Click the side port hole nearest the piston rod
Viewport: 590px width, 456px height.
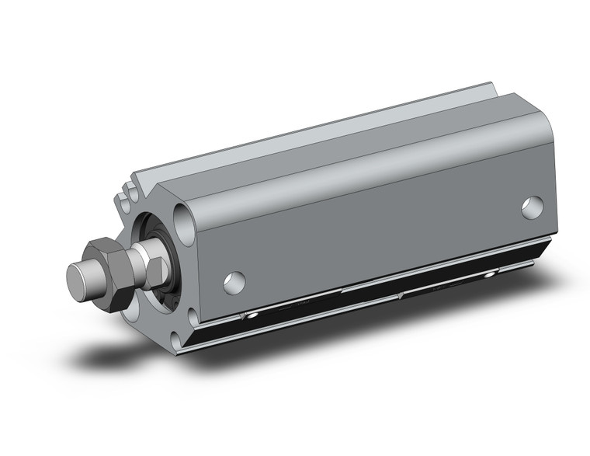234,282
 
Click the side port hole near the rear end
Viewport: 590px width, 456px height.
533,207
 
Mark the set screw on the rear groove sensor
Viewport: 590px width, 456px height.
489,274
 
